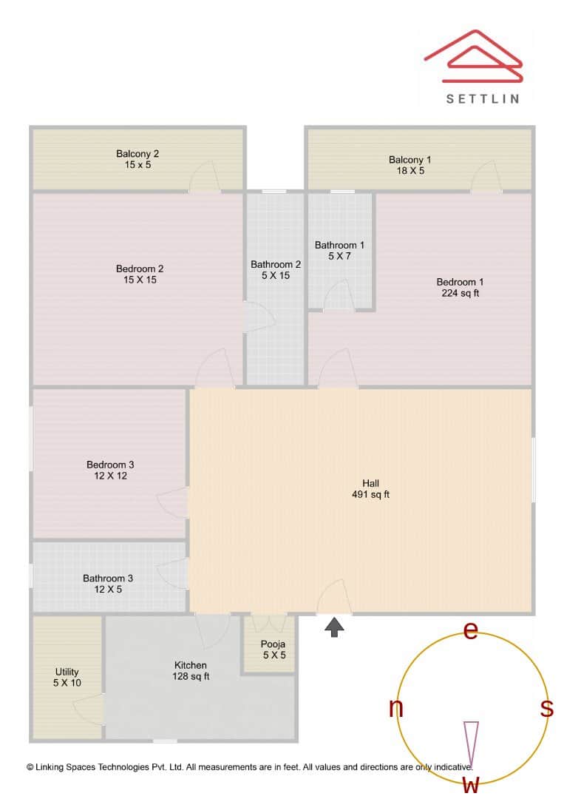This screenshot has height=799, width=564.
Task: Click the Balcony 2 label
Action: coord(137,154)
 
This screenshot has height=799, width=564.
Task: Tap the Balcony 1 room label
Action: coord(410,160)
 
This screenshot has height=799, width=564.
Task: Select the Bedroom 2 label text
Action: coord(140,269)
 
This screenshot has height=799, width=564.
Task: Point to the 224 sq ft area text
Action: coord(461,293)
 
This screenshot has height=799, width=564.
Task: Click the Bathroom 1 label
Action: coord(339,245)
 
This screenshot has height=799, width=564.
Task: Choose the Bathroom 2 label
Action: coord(276,264)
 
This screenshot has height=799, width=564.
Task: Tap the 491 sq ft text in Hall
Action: coord(370,495)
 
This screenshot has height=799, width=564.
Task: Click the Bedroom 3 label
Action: coord(110,465)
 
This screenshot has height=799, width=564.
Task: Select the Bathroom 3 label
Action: coord(108,579)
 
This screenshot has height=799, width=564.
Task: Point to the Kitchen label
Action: coord(191,665)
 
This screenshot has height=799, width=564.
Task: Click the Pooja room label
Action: coord(273,644)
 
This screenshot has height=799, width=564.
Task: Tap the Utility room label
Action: coord(67,672)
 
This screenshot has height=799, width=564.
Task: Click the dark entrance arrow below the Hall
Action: coord(335,627)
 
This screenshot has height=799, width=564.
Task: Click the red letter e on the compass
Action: coord(470,630)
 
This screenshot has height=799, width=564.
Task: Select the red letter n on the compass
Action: coord(396,708)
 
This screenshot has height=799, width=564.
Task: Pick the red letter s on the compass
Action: coord(546,708)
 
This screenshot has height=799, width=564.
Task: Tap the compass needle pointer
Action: coord(470,744)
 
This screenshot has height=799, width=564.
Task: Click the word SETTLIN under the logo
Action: coord(483,98)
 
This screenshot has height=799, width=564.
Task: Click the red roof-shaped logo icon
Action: coord(474,57)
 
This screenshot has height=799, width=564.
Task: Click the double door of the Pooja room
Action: coord(268,622)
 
